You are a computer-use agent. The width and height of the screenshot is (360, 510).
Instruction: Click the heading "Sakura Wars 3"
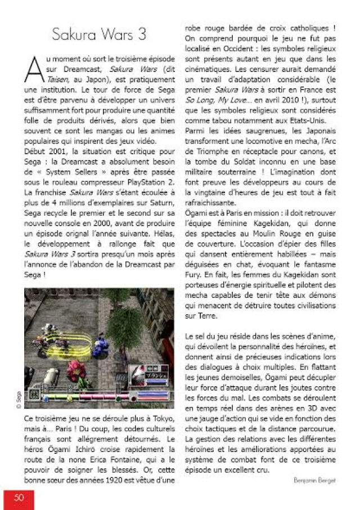click(99, 35)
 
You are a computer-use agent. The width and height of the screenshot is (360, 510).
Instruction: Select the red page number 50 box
click(19, 498)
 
